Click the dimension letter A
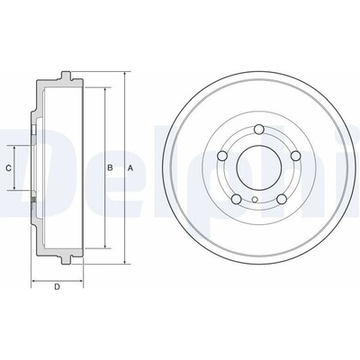[x=130, y=168]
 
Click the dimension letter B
[x=110, y=167]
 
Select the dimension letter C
[x=9, y=168]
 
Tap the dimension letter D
[x=57, y=287]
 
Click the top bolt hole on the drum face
[x=258, y=130]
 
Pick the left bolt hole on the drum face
[x=221, y=156]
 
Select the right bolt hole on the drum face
[x=296, y=156]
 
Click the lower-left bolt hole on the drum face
[x=237, y=199]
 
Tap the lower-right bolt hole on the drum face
[x=282, y=199]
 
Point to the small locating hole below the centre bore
[x=255, y=199]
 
